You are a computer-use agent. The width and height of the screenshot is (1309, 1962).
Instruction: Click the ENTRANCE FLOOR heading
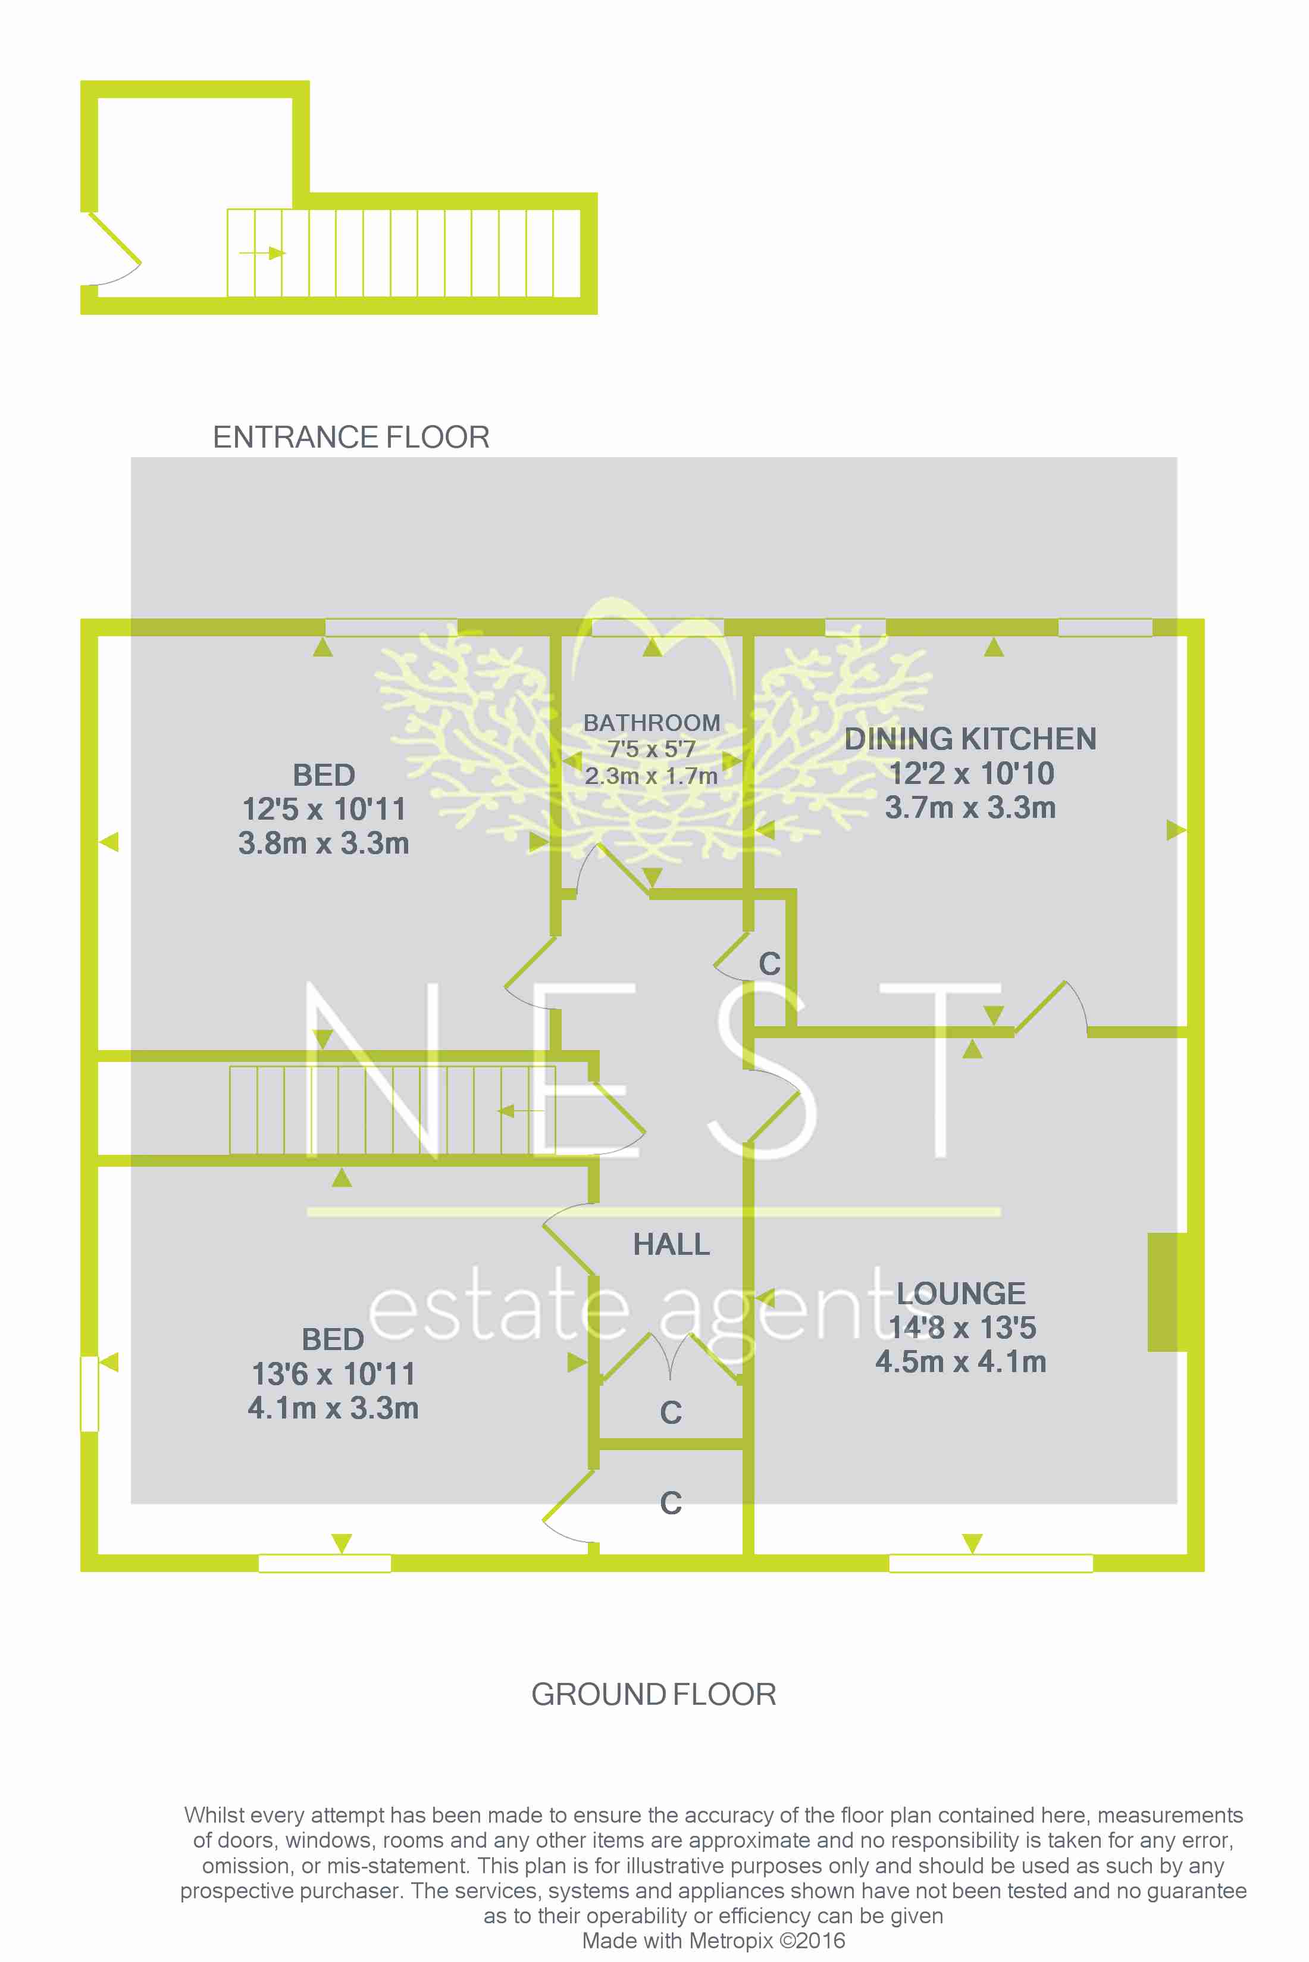[350, 437]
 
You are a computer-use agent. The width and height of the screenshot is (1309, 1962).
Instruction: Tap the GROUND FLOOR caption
[654, 1694]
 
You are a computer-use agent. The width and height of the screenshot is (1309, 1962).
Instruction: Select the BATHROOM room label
[651, 723]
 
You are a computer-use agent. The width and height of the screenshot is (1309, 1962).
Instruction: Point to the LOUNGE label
[961, 1293]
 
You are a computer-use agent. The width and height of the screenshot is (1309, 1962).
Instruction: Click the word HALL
[671, 1245]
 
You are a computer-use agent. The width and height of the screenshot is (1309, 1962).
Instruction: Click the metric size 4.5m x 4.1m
[961, 1361]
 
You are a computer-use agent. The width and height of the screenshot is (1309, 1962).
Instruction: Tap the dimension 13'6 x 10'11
[333, 1373]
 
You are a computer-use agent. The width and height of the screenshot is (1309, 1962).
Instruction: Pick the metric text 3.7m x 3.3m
[970, 808]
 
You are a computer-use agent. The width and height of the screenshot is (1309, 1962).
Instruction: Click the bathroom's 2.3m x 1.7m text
[651, 776]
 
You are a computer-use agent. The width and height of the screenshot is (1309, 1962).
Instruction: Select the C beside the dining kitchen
[769, 964]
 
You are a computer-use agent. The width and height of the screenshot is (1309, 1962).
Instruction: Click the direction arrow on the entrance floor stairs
[262, 253]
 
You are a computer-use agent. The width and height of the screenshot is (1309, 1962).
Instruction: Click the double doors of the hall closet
[671, 1357]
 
